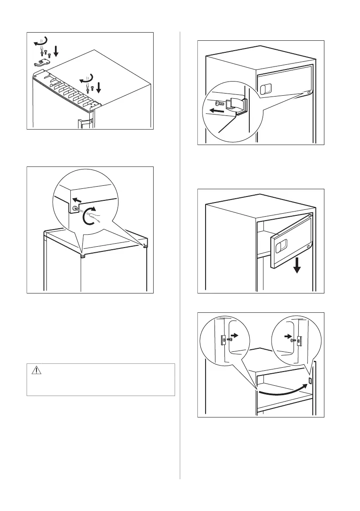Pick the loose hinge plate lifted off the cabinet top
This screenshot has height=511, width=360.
(x=41, y=63)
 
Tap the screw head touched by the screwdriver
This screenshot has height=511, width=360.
(x=76, y=210)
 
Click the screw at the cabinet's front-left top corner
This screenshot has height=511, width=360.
(x=83, y=256)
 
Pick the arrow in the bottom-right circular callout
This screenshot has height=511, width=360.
(x=287, y=336)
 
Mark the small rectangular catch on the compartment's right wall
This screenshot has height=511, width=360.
(x=311, y=381)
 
